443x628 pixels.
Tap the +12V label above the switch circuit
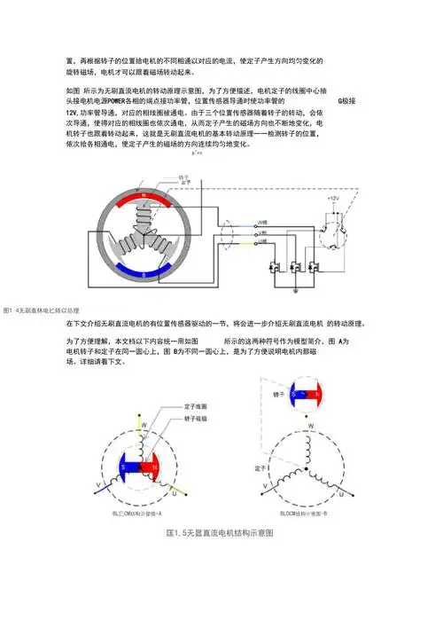tap(334, 199)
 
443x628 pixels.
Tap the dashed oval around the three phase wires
tap(228, 233)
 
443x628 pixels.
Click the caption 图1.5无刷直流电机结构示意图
tap(220, 533)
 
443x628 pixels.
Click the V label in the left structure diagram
tap(97, 484)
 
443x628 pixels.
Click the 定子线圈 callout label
tap(196, 405)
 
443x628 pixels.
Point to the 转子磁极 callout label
tap(196, 417)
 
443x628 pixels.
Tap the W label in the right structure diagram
tap(310, 426)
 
